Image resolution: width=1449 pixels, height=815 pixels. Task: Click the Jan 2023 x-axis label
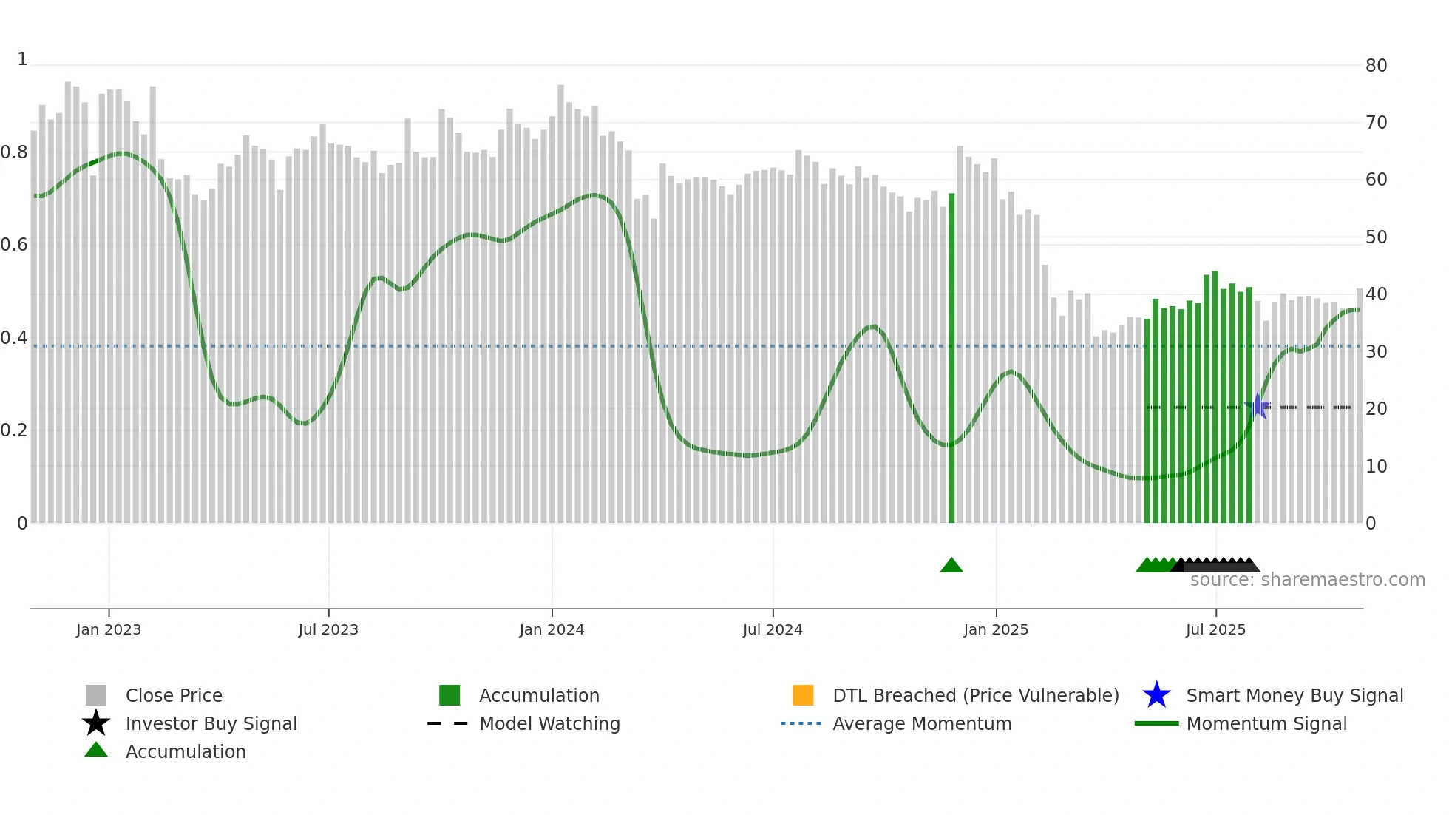click(109, 630)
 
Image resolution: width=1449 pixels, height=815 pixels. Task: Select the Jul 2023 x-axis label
click(328, 630)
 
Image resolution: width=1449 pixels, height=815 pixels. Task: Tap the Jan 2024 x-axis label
click(552, 630)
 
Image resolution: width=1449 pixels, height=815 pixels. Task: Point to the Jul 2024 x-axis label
click(773, 630)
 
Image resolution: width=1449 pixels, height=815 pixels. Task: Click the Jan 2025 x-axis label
click(996, 630)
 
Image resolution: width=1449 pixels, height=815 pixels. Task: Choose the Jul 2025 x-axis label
click(1215, 630)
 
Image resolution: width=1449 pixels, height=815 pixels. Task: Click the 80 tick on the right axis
click(1376, 66)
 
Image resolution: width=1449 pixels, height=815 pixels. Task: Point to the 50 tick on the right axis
click(1376, 237)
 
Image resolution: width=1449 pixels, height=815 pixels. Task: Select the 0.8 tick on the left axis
click(14, 153)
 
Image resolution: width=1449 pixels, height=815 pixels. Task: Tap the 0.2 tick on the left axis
click(14, 430)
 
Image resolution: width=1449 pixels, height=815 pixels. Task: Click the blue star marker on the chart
click(1258, 406)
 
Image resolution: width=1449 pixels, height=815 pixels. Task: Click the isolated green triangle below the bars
click(951, 566)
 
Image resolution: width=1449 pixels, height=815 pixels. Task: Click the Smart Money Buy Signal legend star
click(1156, 695)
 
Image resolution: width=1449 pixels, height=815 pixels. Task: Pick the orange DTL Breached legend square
click(803, 695)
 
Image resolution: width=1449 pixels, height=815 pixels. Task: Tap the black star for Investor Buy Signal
click(96, 723)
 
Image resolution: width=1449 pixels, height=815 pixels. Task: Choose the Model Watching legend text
click(549, 724)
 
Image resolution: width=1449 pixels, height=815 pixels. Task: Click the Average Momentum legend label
click(922, 724)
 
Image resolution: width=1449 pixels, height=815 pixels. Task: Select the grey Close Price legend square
click(96, 695)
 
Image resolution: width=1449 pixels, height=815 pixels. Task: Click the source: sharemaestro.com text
click(1307, 580)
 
